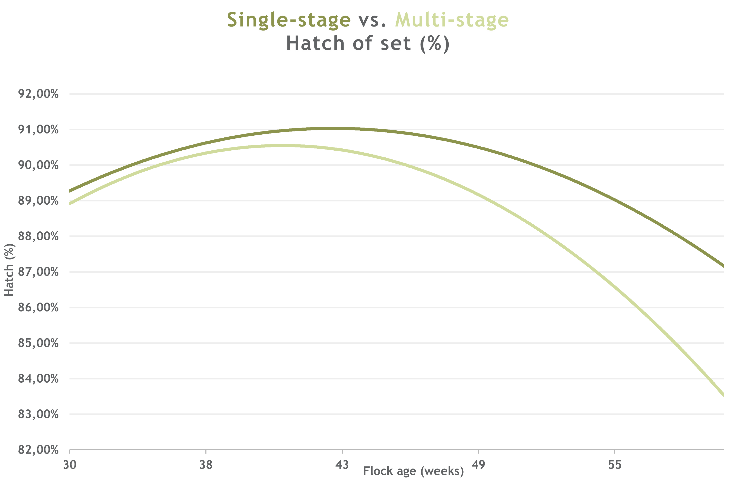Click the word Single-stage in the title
(x=289, y=21)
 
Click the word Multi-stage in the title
(x=452, y=21)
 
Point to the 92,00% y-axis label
(x=38, y=94)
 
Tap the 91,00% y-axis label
(x=38, y=129)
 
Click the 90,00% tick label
(x=38, y=165)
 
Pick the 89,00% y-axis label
(x=38, y=201)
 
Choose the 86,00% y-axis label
(x=38, y=307)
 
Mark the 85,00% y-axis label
(x=38, y=343)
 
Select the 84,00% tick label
(x=38, y=378)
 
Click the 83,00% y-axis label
(x=38, y=414)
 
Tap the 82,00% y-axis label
(x=38, y=450)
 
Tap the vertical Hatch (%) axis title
(x=9, y=270)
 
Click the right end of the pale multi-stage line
(x=723, y=394)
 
